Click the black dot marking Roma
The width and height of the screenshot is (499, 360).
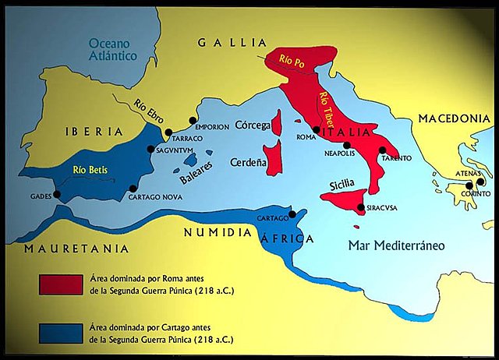click(316, 130)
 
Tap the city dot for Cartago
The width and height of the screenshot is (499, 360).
click(292, 214)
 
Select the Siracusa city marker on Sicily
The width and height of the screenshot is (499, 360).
click(359, 207)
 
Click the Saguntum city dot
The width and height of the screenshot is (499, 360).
click(151, 149)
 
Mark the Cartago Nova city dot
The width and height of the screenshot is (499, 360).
click(133, 188)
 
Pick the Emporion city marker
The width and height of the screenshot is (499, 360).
click(193, 121)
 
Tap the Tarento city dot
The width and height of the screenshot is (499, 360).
click(383, 150)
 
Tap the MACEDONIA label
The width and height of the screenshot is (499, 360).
click(453, 118)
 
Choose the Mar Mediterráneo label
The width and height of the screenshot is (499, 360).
click(396, 245)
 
